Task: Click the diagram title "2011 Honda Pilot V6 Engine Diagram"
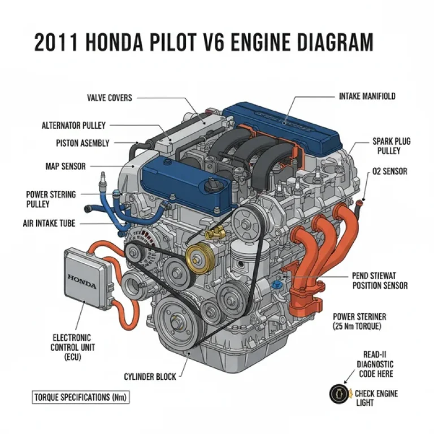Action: [x=203, y=43]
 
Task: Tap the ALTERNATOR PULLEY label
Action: [x=73, y=125]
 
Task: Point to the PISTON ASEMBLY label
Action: [x=83, y=144]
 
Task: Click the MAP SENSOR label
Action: [x=66, y=166]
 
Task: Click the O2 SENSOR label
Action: [x=389, y=171]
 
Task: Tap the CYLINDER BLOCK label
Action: [x=150, y=376]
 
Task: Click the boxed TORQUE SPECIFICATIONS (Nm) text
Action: [x=80, y=397]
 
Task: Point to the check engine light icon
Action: [x=337, y=393]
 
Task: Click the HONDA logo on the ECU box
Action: [x=82, y=277]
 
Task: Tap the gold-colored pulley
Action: [x=197, y=259]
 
